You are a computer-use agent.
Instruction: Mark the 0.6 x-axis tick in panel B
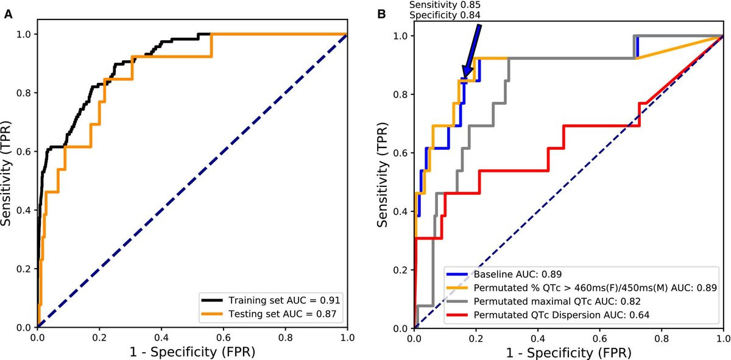coord(599,337)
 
